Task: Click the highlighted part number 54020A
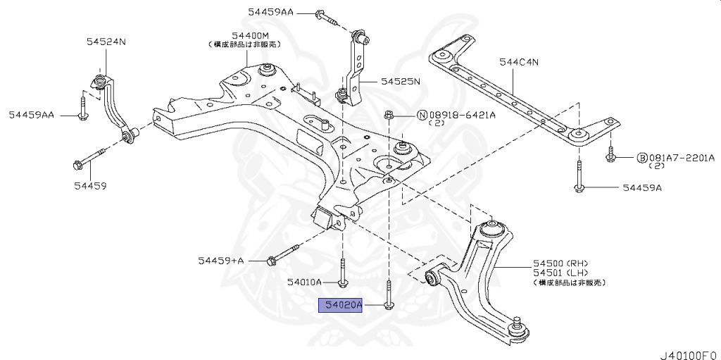(x=340, y=305)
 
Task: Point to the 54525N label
(x=400, y=82)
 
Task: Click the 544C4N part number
(x=519, y=62)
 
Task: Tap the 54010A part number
(x=304, y=282)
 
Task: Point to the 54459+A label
(x=220, y=261)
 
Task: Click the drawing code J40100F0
(x=688, y=350)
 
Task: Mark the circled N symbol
(x=422, y=115)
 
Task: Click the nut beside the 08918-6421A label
(x=388, y=115)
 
